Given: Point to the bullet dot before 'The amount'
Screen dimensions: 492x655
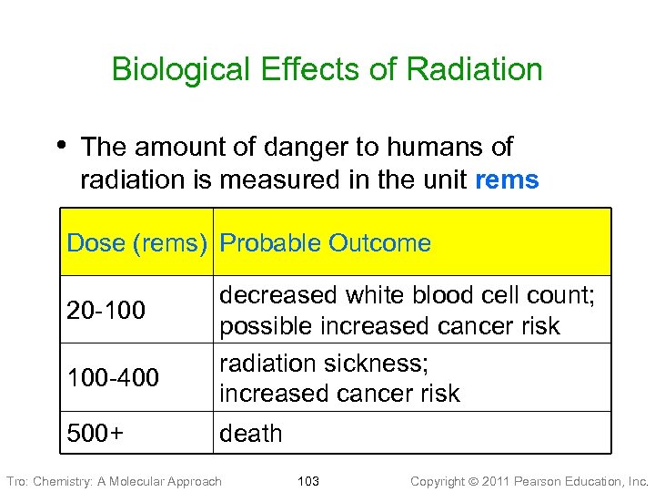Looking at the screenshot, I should [61, 144].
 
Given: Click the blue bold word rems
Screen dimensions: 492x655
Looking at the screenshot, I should [507, 180].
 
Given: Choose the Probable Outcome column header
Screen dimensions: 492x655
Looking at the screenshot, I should [326, 243].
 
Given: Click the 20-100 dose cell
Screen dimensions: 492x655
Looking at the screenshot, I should [106, 311].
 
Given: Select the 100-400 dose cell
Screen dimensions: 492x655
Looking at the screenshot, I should [113, 377].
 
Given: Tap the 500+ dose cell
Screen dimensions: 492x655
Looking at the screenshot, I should [96, 433].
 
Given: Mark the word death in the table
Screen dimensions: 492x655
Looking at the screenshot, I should [251, 434].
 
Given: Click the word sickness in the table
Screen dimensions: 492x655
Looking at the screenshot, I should [378, 364].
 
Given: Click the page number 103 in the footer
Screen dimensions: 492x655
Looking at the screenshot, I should [308, 481].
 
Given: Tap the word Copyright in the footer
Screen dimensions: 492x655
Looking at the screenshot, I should [440, 481].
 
